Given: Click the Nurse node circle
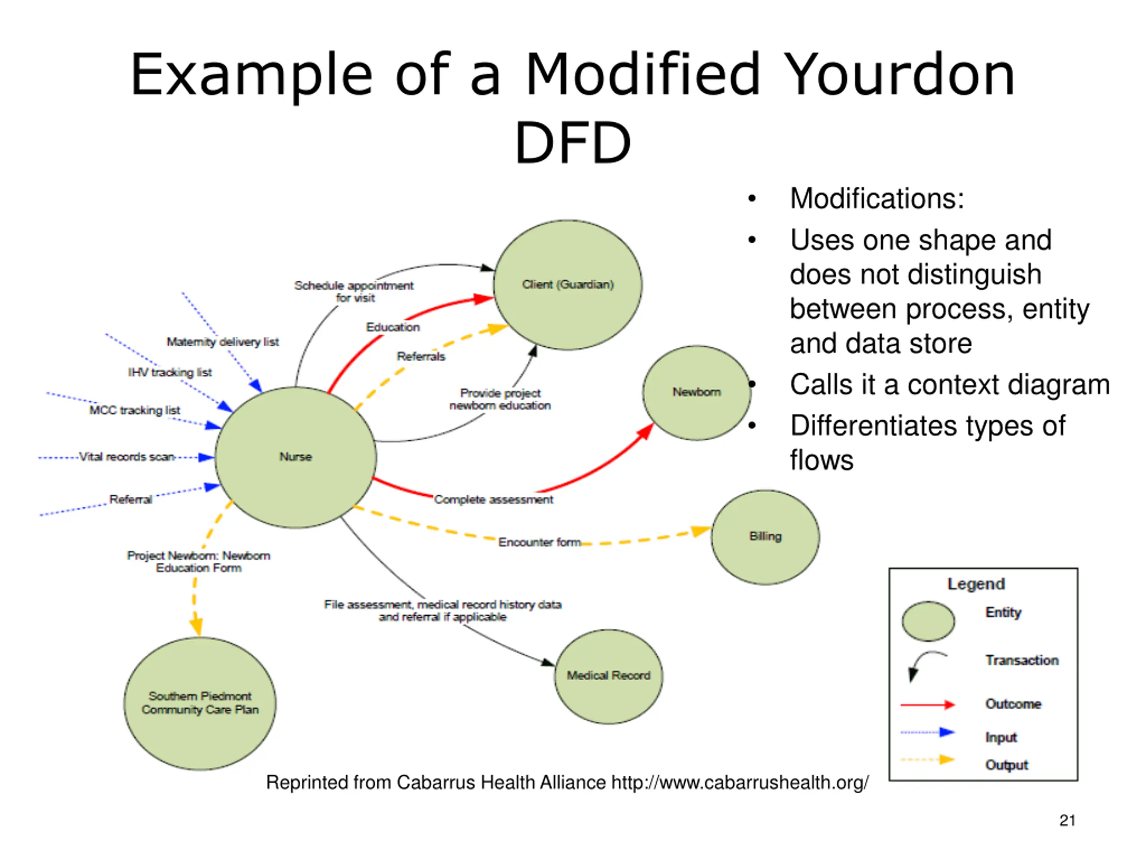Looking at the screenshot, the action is (x=295, y=457).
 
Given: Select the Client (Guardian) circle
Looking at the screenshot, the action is (x=568, y=284).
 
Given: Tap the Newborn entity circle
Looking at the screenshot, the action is (x=697, y=393).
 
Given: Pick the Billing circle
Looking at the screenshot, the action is (x=765, y=537).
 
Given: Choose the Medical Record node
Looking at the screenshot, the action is (x=608, y=676).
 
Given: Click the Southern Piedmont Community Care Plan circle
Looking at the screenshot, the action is (x=200, y=703).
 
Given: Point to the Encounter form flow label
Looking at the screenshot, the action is (x=539, y=542).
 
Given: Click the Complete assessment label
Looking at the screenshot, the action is (x=493, y=499).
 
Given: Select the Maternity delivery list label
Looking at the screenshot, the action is (x=223, y=342).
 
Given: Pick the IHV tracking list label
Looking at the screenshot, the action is (x=170, y=372).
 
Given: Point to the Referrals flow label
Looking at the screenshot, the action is (x=421, y=356).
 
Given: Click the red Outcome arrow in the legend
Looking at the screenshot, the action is (x=928, y=705).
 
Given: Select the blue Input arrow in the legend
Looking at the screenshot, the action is (x=928, y=732).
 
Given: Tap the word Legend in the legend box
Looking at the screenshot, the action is (x=976, y=584).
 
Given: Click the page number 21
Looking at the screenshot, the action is (x=1067, y=821).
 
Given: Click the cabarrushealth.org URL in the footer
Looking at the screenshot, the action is (x=740, y=782).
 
